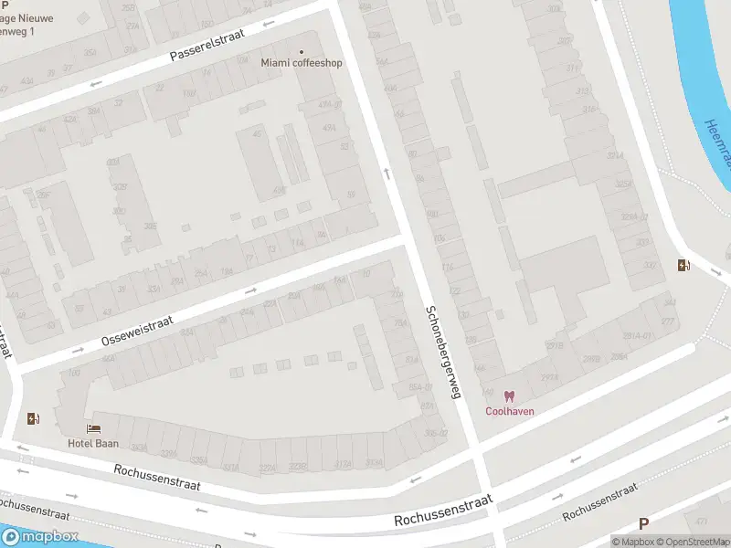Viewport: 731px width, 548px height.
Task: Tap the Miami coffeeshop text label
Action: [302, 63]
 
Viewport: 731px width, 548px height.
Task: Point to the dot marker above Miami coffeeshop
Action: [302, 51]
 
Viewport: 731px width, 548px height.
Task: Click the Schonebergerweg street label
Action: [442, 351]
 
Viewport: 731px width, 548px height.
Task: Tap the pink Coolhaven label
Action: [509, 411]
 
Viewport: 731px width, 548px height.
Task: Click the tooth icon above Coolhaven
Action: [510, 396]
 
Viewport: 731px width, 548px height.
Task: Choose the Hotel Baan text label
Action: [93, 443]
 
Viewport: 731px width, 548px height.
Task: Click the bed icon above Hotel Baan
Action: [93, 428]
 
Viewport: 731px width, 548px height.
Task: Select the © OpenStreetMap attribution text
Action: [692, 542]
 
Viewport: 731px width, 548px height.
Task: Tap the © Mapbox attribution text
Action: [632, 542]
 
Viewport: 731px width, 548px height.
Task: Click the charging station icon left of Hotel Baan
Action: [34, 418]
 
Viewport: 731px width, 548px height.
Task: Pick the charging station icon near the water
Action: [683, 266]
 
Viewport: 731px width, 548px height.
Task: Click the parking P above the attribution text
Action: [643, 523]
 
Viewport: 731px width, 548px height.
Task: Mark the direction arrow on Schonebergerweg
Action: [387, 173]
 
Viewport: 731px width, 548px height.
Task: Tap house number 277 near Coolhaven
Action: [667, 321]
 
